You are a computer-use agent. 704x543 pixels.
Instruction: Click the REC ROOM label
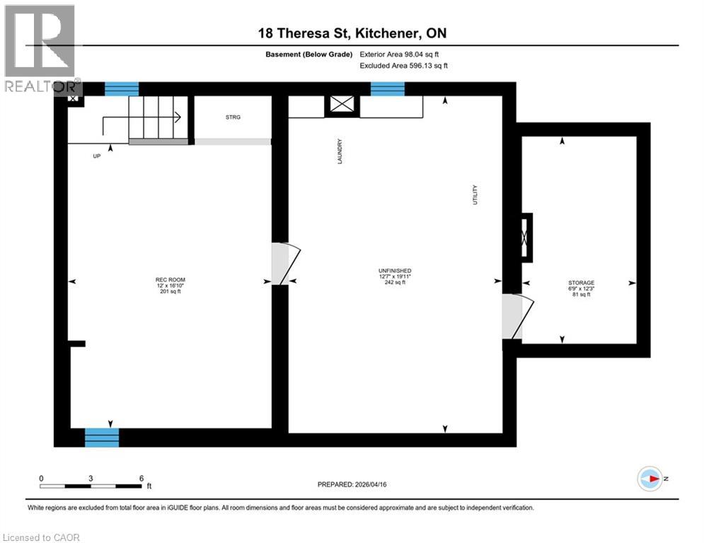coord(169,281)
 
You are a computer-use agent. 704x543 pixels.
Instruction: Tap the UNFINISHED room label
coord(395,271)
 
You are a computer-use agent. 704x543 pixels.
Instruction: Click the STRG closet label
coord(233,117)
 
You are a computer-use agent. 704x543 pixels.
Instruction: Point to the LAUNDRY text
coord(340,151)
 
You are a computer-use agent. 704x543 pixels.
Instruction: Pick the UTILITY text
coord(475,196)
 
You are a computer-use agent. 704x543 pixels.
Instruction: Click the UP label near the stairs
coord(96,156)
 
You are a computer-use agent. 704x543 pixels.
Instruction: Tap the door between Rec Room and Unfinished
coord(285,264)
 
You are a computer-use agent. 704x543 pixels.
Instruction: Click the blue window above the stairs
coord(122,88)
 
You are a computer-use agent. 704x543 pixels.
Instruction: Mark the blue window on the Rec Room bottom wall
coord(102,437)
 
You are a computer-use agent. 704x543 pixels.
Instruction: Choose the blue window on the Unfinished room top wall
coord(388,88)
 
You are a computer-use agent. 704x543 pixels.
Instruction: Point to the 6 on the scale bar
coord(141,478)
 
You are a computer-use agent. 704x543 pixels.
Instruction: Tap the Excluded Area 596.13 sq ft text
coord(403,65)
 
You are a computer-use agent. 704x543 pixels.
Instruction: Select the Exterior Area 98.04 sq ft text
coord(403,54)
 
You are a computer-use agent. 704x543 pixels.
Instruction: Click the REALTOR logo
coord(40,49)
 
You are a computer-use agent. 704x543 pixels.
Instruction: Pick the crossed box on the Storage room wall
coord(525,238)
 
